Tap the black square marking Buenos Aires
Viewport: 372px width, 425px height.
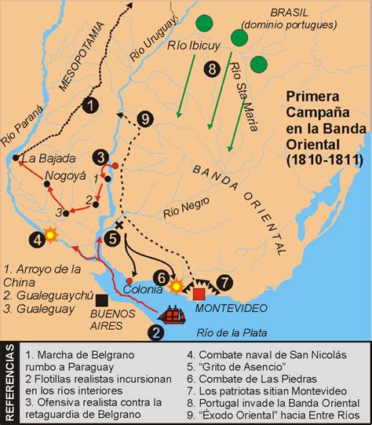(x=101, y=299)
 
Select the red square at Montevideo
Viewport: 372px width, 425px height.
(x=199, y=293)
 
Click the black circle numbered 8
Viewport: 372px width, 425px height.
(x=210, y=70)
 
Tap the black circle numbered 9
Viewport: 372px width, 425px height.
(x=144, y=119)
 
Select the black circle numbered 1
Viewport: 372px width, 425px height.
(x=91, y=105)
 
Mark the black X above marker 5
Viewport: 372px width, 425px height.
(x=119, y=224)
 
